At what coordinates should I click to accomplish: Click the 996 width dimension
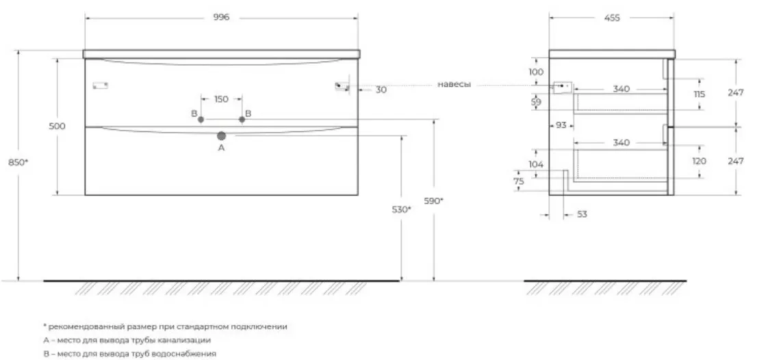click(221, 17)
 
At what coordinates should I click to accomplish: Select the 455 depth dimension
click(612, 18)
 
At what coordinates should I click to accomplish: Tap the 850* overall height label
click(18, 163)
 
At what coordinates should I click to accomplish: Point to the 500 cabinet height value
click(57, 127)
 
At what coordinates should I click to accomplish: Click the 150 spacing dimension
click(221, 99)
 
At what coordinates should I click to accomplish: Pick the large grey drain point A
click(222, 136)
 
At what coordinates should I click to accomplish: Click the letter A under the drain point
click(222, 148)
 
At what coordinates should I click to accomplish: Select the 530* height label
click(401, 209)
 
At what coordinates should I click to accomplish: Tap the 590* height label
click(433, 201)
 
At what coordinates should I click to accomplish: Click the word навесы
click(454, 84)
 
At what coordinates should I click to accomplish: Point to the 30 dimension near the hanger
click(381, 90)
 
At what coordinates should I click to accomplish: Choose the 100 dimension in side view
click(536, 72)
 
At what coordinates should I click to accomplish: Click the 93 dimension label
click(561, 125)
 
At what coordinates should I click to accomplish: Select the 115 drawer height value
click(699, 94)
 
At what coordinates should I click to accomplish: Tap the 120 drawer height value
click(699, 162)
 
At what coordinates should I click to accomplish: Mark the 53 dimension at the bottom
click(582, 214)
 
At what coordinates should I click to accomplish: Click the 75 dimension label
click(519, 181)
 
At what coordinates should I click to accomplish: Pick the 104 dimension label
click(536, 164)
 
